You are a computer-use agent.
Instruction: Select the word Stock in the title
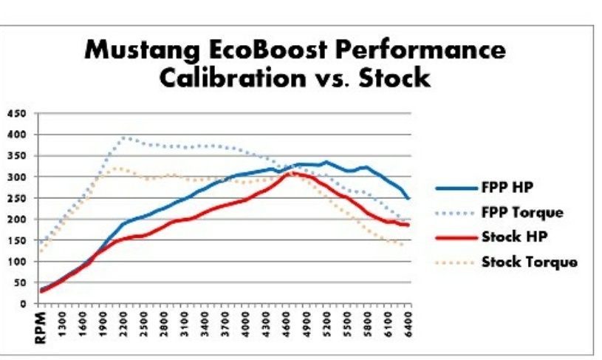[395, 77]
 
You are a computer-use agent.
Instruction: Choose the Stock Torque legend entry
[529, 262]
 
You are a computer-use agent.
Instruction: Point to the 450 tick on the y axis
[17, 113]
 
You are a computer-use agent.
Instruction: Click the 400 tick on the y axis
[17, 135]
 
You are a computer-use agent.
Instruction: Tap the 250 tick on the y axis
[17, 198]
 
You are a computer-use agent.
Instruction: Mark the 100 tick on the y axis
[17, 262]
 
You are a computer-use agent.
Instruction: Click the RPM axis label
[41, 326]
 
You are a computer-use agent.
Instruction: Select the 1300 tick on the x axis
[63, 322]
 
